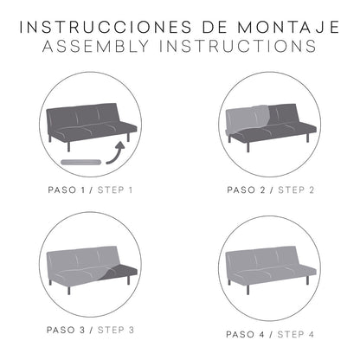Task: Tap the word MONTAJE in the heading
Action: tap(288, 27)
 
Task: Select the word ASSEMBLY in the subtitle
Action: tap(96, 47)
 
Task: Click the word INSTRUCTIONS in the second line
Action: tap(238, 47)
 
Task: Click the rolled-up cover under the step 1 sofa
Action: tap(81, 162)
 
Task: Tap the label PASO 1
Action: tap(67, 190)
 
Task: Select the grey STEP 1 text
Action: tap(115, 190)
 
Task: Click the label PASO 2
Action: tap(246, 190)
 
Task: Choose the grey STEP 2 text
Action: tap(296, 190)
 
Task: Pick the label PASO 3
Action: tap(66, 330)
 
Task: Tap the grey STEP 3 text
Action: tap(116, 330)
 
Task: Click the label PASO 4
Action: tap(245, 334)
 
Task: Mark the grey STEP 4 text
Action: tap(296, 334)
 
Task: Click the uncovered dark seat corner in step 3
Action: tap(121, 273)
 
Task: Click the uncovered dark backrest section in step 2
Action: tap(283, 114)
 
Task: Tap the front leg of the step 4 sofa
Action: tap(247, 290)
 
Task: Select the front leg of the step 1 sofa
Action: tap(68, 146)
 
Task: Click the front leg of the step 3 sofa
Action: tap(68, 290)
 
